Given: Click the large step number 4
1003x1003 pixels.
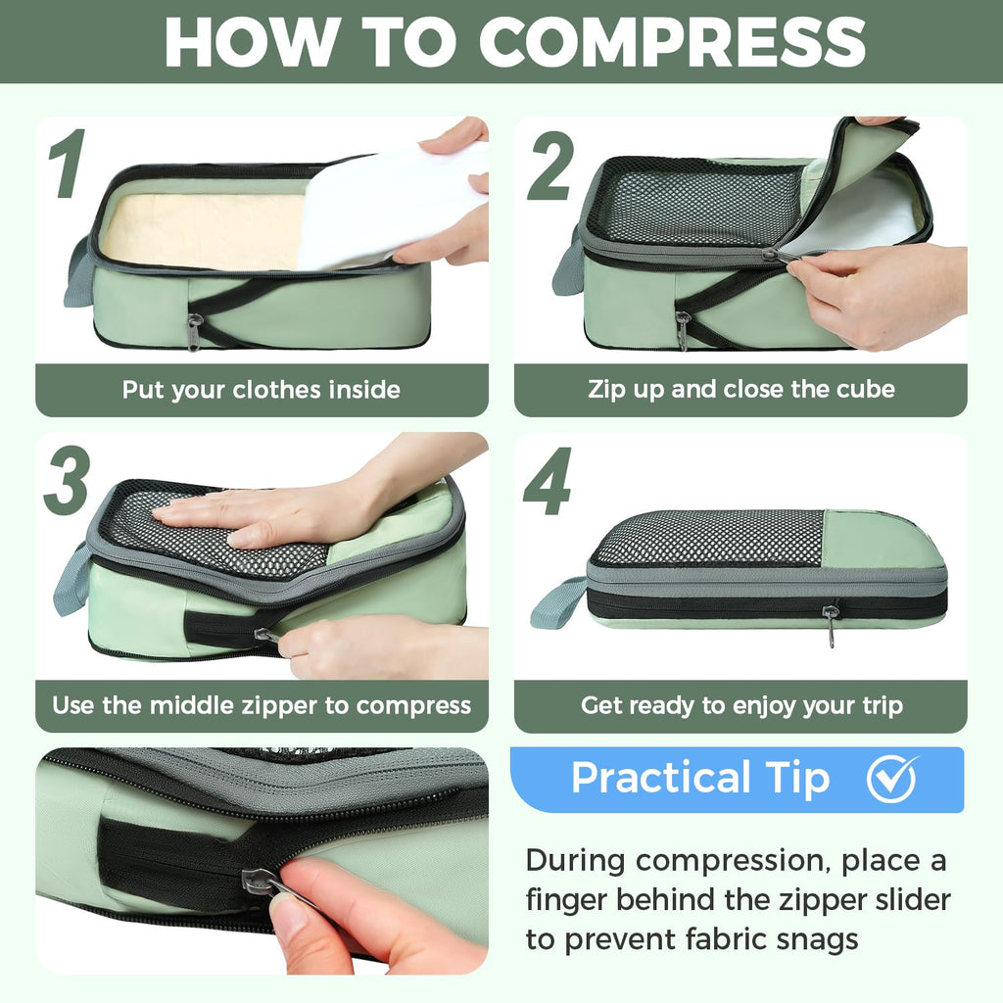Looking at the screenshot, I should (548, 481).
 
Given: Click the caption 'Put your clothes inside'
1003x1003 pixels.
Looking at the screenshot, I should (261, 390).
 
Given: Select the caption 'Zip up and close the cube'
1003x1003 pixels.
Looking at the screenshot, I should (740, 389).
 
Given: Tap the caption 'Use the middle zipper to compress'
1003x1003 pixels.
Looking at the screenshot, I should (261, 705).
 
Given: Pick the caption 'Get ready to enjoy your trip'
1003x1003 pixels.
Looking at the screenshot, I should (740, 705).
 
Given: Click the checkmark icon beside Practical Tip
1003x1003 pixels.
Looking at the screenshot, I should (891, 779).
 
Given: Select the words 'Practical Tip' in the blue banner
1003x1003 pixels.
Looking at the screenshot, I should (699, 779).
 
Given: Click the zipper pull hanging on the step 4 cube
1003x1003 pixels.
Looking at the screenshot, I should (831, 624).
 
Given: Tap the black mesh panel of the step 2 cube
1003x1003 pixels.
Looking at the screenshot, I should (694, 204).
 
